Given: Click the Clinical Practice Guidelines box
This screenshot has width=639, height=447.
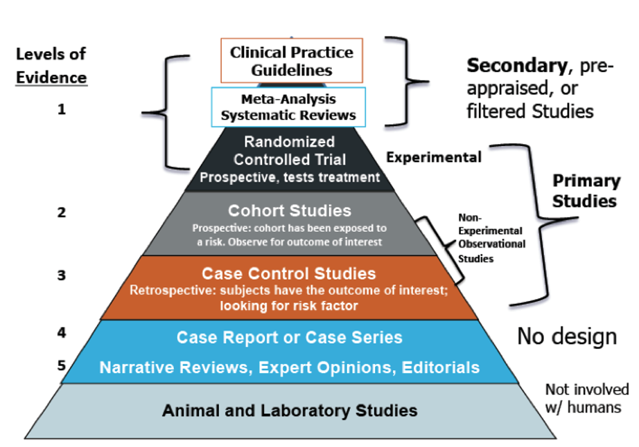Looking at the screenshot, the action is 291,61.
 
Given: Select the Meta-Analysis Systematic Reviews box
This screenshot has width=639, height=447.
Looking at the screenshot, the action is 288,107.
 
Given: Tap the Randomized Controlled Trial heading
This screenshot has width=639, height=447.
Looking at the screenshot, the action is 289,150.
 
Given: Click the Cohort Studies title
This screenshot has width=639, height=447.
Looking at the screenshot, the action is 289,210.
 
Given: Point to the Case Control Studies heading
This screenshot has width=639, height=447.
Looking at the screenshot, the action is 288,274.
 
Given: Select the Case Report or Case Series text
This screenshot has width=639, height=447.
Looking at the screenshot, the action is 289,338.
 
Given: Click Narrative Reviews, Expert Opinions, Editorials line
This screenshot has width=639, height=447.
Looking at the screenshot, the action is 289,367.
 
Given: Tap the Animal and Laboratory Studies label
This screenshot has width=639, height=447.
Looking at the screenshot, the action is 289,410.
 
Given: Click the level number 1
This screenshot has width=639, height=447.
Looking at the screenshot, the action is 61,109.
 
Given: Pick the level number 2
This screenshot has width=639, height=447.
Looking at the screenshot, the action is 61,212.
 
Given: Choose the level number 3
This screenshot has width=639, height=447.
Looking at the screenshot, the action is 61,275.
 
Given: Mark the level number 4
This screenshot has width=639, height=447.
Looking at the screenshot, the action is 61,333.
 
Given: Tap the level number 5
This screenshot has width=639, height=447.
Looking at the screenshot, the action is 61,365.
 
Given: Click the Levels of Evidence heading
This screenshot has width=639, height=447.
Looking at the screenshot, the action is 51,66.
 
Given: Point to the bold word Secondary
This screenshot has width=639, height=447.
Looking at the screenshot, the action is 517,66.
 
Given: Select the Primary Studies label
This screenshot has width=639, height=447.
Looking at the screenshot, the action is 586,191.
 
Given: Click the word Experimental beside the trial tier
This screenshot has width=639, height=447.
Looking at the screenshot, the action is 434,157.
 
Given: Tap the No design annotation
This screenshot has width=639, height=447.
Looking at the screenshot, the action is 567,337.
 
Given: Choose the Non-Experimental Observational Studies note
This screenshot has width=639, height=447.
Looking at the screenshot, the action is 491,238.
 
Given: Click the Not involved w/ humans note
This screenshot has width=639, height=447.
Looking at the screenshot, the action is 587,398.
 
